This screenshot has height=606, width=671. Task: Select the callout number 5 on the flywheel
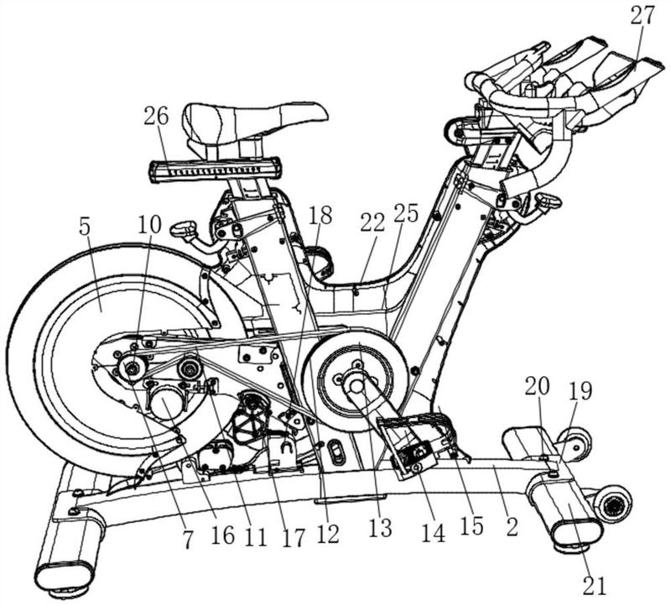(86, 228)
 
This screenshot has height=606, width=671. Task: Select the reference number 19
(580, 392)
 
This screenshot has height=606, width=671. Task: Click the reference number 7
(187, 541)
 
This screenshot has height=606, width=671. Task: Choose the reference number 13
(380, 528)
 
